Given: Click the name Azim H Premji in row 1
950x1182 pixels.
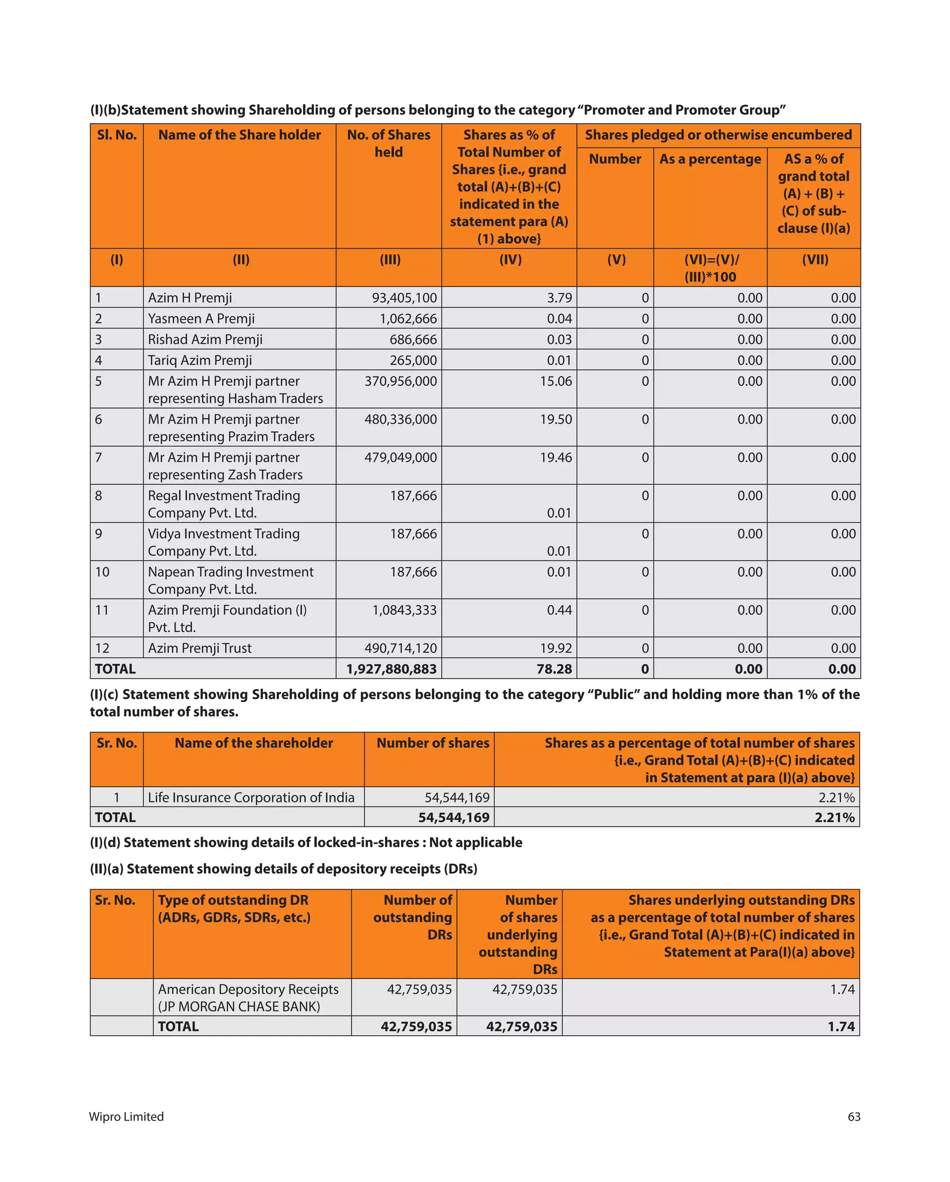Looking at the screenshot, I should pos(190,298).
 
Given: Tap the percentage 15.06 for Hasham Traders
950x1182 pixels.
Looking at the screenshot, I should pos(556,381).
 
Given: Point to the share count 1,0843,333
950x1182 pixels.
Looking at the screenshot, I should pos(404,610).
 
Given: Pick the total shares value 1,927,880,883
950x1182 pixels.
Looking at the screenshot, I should pos(391,669).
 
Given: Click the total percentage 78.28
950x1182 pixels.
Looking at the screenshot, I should pos(554,669).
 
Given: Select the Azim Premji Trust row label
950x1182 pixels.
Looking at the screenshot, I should pos(199,648).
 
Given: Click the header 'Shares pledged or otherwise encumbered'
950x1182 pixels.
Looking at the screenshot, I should pos(718,135).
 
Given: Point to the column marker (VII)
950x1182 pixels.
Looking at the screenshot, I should pos(815,260).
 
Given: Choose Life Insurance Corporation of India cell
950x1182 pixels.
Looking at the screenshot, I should pos(251,797).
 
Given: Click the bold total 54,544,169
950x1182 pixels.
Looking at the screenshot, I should pos(454,818).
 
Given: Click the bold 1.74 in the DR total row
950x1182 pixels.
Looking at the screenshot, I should pos(841,1026).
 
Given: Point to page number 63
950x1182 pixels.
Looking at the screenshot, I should pos(854,1117).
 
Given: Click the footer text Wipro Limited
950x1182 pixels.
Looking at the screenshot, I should pos(127,1117).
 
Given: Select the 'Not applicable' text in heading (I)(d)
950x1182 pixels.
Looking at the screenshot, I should pos(475,843).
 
